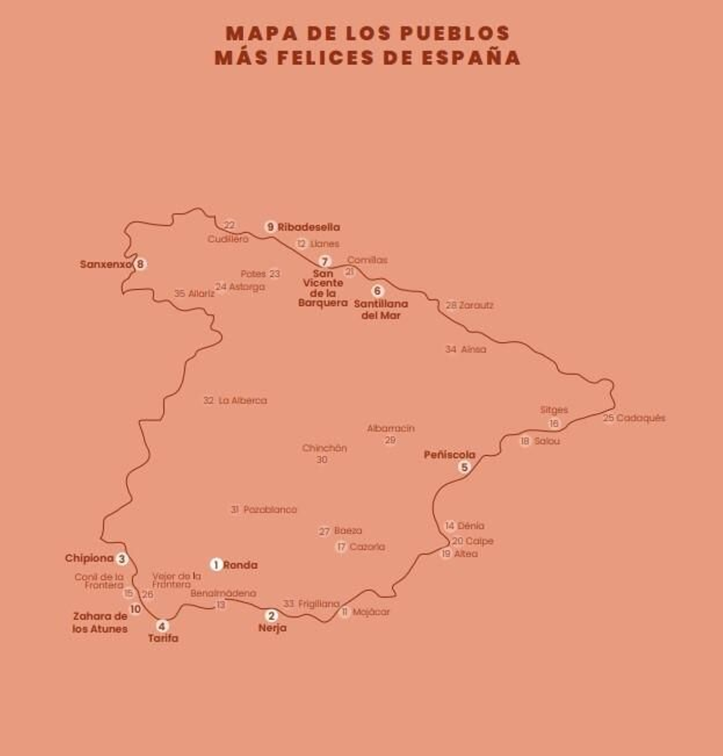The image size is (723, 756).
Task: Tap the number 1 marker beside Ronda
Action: click(x=216, y=565)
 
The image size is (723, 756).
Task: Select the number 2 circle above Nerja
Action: click(x=271, y=615)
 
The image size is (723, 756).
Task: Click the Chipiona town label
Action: click(x=89, y=558)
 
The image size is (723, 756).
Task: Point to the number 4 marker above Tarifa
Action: click(x=162, y=626)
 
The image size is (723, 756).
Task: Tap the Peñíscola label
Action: click(x=450, y=455)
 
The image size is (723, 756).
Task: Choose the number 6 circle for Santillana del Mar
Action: click(x=377, y=291)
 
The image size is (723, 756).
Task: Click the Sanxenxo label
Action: click(x=106, y=264)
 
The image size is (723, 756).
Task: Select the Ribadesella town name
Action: click(x=309, y=227)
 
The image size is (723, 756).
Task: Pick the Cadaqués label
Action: click(x=641, y=418)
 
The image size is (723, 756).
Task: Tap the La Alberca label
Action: click(x=243, y=401)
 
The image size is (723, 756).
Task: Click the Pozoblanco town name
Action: click(x=270, y=510)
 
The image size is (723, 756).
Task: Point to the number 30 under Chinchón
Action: click(x=321, y=460)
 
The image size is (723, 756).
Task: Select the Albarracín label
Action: click(x=390, y=428)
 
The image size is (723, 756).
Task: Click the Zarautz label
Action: click(x=476, y=305)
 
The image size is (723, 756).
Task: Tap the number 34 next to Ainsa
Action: click(x=451, y=349)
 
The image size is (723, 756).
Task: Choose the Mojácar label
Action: click(x=371, y=612)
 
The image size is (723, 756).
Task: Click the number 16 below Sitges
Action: click(x=554, y=424)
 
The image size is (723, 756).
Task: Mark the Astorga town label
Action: click(x=247, y=287)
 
